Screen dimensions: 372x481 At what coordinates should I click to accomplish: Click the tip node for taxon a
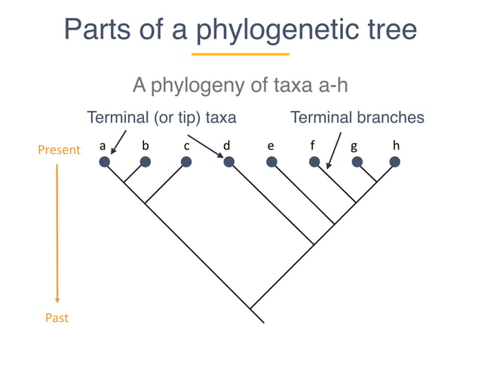pos(105,161)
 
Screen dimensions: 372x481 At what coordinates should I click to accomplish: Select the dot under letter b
pos(146,161)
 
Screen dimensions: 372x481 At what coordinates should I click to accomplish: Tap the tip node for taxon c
pos(185,161)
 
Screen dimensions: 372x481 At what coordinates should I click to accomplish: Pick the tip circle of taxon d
pos(229,161)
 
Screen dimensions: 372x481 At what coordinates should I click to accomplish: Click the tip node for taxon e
pos(272,161)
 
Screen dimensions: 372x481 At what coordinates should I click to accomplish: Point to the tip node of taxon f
pos(314,161)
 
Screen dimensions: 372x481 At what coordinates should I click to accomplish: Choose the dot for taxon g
pos(357,161)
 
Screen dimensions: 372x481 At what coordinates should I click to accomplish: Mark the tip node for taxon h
pos(394,161)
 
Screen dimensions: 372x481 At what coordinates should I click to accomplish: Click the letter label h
pos(395,144)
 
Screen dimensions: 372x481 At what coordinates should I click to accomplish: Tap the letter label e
pos(270,145)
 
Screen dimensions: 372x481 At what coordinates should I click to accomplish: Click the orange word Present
pos(59,150)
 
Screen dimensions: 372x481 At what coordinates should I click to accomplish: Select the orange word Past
pos(57,318)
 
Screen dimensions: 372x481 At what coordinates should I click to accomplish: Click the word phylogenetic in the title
pos(277,29)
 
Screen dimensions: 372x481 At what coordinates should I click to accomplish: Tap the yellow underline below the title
pos(240,54)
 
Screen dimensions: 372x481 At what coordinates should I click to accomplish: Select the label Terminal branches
pos(357,118)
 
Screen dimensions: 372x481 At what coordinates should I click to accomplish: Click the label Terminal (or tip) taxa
pos(162,118)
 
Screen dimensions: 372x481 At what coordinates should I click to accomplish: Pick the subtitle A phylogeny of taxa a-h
pos(240,85)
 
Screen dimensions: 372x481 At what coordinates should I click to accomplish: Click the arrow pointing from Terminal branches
pos(334,146)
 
